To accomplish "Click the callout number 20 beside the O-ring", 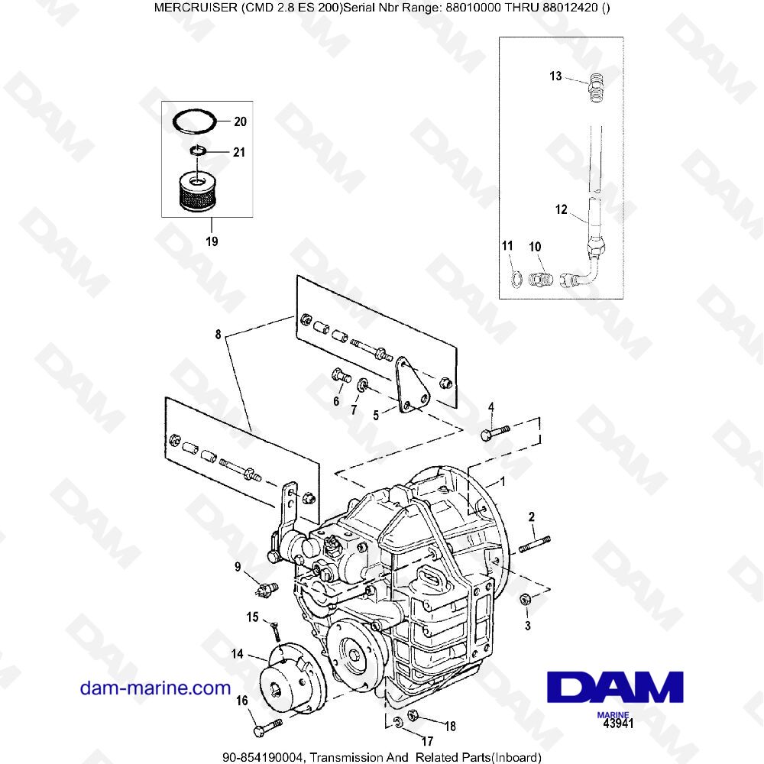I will coord(240,121).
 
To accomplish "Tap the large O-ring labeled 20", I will coord(193,119).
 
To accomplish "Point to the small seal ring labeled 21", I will coord(196,151).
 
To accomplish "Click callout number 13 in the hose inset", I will coord(555,76).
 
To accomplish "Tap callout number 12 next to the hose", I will coord(562,209).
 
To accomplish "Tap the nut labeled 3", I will coord(525,600).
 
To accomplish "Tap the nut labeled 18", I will coord(413,717).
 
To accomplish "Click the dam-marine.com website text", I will coord(155,688).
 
